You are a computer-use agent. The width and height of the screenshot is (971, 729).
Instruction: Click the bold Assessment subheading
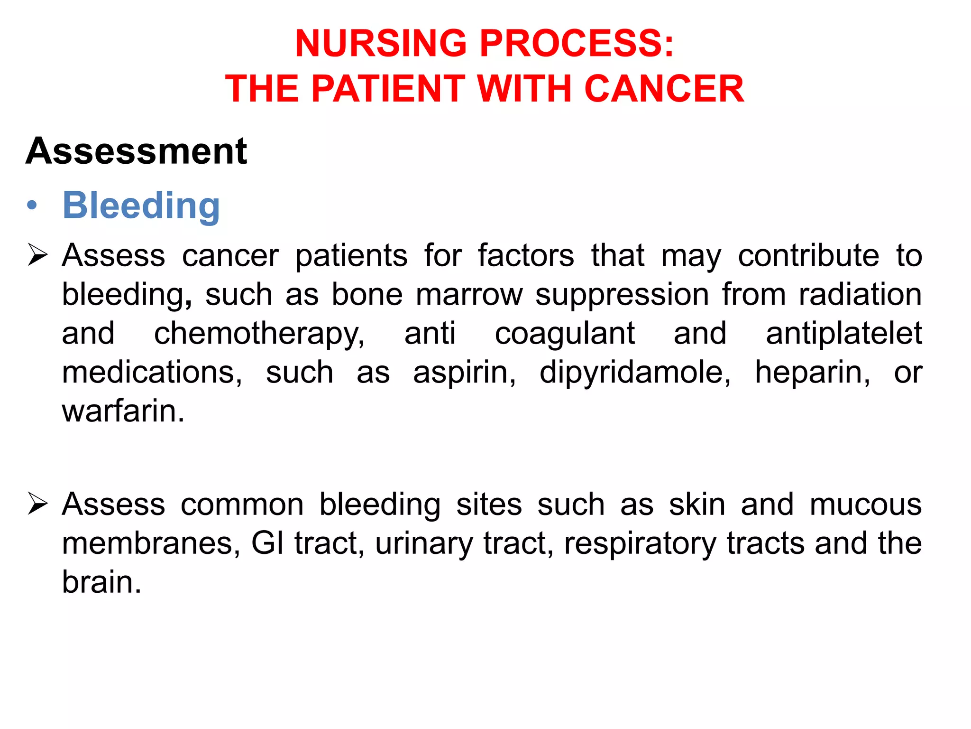(137, 151)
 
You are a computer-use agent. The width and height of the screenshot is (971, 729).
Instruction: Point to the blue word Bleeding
(141, 206)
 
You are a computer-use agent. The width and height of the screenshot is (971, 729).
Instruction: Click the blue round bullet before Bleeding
(32, 206)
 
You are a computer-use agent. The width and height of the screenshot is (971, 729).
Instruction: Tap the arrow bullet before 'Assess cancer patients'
(37, 254)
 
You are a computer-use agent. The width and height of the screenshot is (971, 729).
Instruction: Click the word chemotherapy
(259, 334)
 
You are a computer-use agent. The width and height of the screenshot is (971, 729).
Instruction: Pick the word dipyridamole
(635, 373)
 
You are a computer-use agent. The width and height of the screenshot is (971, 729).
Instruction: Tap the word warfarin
(122, 411)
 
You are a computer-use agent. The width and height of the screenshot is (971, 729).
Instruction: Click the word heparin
(812, 373)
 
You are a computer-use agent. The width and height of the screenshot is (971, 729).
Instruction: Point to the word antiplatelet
(843, 333)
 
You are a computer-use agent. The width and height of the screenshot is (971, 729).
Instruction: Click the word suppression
(622, 295)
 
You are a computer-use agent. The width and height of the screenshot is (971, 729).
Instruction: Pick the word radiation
(860, 295)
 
